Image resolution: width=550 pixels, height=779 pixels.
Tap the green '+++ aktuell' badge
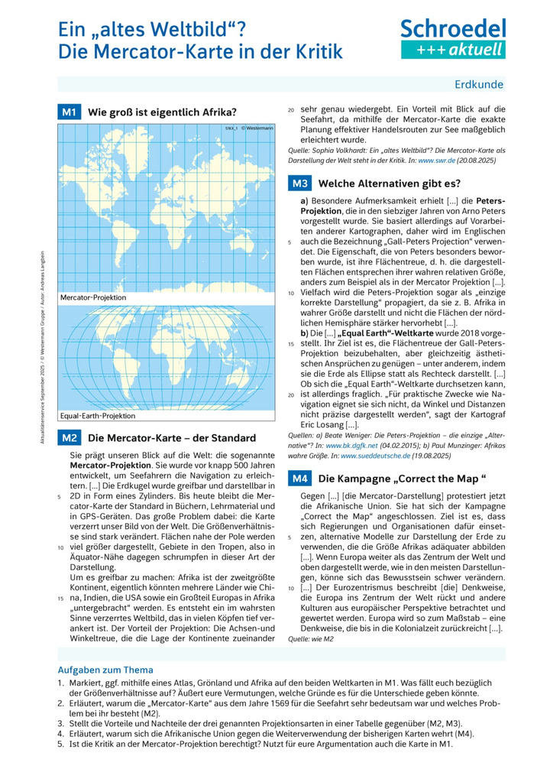[x=454, y=50]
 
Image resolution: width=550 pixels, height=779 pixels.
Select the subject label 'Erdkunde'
[x=479, y=84]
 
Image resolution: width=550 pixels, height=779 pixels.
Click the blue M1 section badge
[x=70, y=112]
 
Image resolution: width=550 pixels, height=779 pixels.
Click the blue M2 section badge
[x=70, y=438]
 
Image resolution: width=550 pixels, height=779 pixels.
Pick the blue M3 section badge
[x=299, y=183]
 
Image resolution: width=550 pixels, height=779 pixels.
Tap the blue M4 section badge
[x=299, y=479]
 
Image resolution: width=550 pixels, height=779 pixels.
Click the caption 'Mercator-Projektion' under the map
[x=93, y=297]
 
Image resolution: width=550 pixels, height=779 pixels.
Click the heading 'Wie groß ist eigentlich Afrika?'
[x=163, y=112]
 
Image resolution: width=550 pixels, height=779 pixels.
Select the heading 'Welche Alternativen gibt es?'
[x=390, y=183]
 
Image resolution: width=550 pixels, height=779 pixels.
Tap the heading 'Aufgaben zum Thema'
[x=105, y=670]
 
